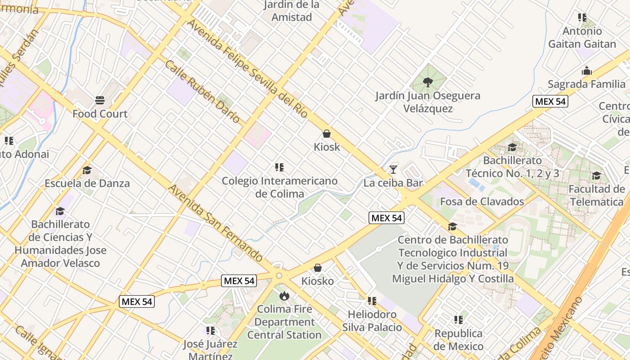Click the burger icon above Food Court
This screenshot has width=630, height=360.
point(100,100)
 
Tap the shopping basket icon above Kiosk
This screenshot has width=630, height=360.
point(327,134)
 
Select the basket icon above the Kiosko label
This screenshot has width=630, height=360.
point(318,268)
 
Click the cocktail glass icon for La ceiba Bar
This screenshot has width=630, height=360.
point(393,169)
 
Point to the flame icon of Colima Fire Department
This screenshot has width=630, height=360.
point(284,296)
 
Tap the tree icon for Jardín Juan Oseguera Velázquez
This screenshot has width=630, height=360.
point(428,82)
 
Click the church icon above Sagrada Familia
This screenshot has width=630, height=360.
point(586,71)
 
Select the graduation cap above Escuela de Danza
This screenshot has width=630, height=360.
point(87,170)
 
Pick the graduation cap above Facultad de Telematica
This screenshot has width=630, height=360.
point(597,175)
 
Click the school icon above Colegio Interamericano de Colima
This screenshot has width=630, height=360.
point(279,167)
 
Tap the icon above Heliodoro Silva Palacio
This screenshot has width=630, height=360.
point(372,301)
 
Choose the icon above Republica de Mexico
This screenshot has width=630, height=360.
point(459,320)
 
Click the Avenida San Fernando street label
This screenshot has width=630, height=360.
point(216,223)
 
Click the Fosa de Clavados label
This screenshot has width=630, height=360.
point(482,201)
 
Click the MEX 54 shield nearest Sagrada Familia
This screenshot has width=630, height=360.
point(550,101)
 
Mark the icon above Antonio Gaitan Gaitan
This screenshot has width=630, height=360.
point(582,18)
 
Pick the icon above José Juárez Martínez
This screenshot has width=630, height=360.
point(210,331)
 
